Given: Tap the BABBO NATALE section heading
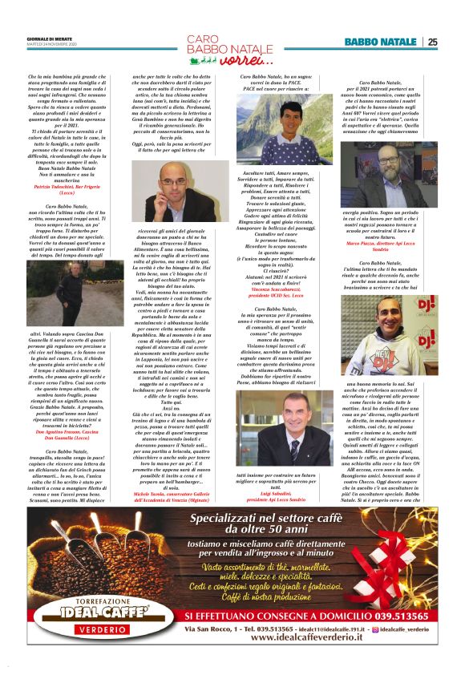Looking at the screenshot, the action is pos(381,42).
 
